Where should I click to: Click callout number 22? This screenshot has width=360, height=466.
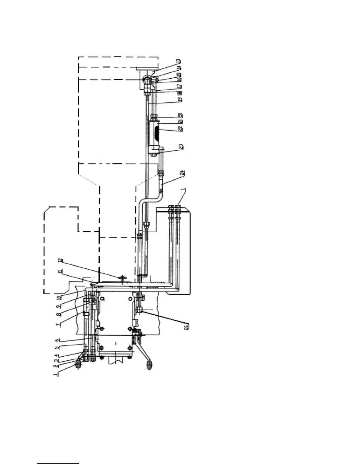(180, 129)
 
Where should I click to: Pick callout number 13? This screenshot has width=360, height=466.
(179, 61)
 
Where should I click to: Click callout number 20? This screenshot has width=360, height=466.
(181, 116)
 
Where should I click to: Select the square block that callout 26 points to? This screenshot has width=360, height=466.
(139, 309)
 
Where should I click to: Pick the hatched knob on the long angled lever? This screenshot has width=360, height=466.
(149, 365)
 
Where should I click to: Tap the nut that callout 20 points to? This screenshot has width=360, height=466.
(153, 117)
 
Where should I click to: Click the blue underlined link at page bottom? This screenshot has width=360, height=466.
(58, 463)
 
